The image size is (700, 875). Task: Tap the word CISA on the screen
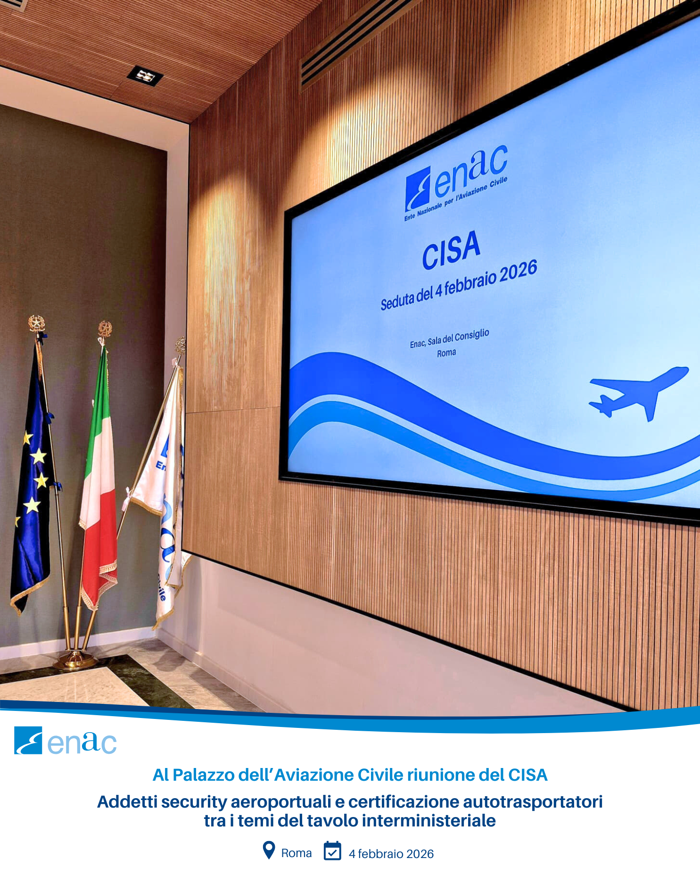pos(451,250)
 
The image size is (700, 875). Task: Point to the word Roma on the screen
pos(446,353)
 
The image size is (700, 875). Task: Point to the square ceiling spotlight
pos(145,76)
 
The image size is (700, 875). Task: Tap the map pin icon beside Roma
pos(269,850)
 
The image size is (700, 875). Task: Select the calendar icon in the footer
pos(332,850)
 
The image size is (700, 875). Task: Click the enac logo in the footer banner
pos(66,741)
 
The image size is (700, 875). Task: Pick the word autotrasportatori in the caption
pos(533,802)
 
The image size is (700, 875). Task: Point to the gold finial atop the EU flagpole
pos(36,324)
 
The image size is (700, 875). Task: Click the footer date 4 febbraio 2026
pos(391,854)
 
